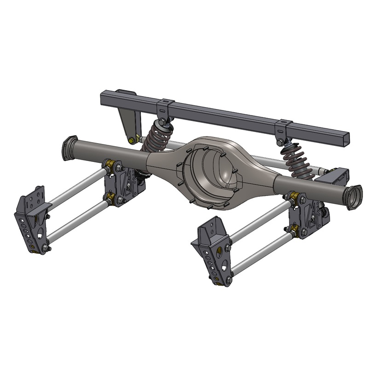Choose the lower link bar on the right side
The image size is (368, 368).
click(262, 253)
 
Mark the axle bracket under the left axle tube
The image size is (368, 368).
click(124, 184)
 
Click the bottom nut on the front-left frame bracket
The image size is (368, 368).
click(45, 249)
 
